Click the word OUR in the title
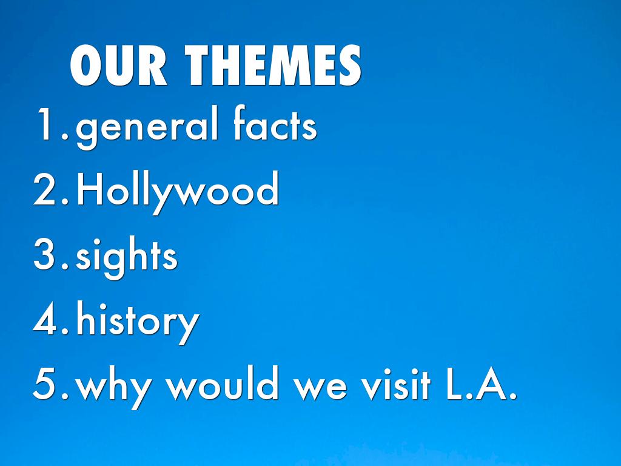pyautogui.click(x=118, y=66)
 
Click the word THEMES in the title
pyautogui.click(x=273, y=66)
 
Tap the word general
pyautogui.click(x=147, y=126)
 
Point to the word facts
pyautogui.click(x=275, y=123)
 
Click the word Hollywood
pyautogui.click(x=178, y=192)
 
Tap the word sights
pyautogui.click(x=126, y=257)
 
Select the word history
pyautogui.click(x=138, y=322)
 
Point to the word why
pyautogui.click(x=113, y=387)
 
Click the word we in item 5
pyautogui.click(x=320, y=388)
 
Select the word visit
pyautogui.click(x=396, y=382)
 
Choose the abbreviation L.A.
pyautogui.click(x=481, y=383)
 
